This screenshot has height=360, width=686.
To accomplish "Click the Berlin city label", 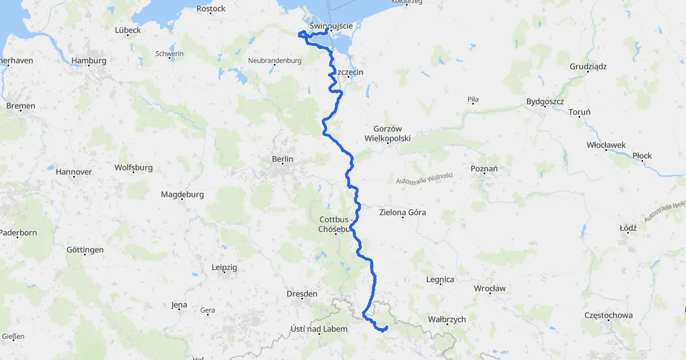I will click(282, 159).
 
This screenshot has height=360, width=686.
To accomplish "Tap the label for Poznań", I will click(484, 169).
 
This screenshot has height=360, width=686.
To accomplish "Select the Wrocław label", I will click(489, 289).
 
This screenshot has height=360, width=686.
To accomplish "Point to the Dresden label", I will click(301, 294).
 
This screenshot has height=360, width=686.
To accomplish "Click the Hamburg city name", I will click(89, 61).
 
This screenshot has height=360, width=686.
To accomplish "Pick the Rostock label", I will click(211, 9).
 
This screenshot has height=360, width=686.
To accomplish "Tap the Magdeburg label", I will click(182, 194).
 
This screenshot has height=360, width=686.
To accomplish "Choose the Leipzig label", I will click(224, 267).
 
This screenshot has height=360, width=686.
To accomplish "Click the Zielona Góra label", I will click(402, 213).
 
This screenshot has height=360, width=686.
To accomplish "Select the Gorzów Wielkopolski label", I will click(387, 134).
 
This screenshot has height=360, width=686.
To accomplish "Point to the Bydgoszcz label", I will click(545, 102).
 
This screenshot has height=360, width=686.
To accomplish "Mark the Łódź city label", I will click(628, 228).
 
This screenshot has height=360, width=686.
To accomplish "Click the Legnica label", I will click(440, 279).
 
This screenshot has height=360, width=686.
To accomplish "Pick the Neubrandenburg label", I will click(274, 61).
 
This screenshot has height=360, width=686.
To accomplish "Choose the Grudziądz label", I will click(588, 66).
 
